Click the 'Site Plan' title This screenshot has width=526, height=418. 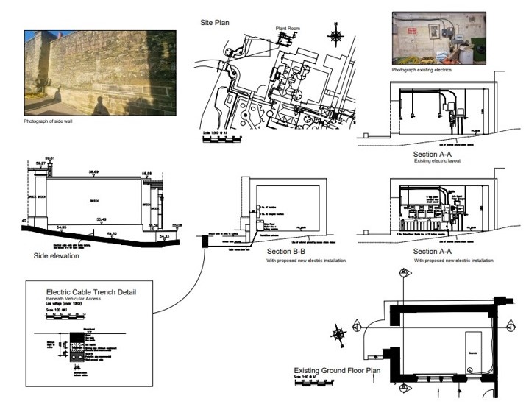[214, 23]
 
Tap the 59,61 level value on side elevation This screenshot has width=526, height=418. [51, 158]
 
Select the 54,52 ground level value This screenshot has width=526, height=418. [112, 233]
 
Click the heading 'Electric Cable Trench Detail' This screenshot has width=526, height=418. [90, 292]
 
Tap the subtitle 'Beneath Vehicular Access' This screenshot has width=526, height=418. [74, 300]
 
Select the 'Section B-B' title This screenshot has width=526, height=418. [287, 251]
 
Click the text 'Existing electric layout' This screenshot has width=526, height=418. [437, 160]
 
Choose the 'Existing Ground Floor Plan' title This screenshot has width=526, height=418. [337, 371]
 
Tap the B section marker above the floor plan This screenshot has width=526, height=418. [402, 273]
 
